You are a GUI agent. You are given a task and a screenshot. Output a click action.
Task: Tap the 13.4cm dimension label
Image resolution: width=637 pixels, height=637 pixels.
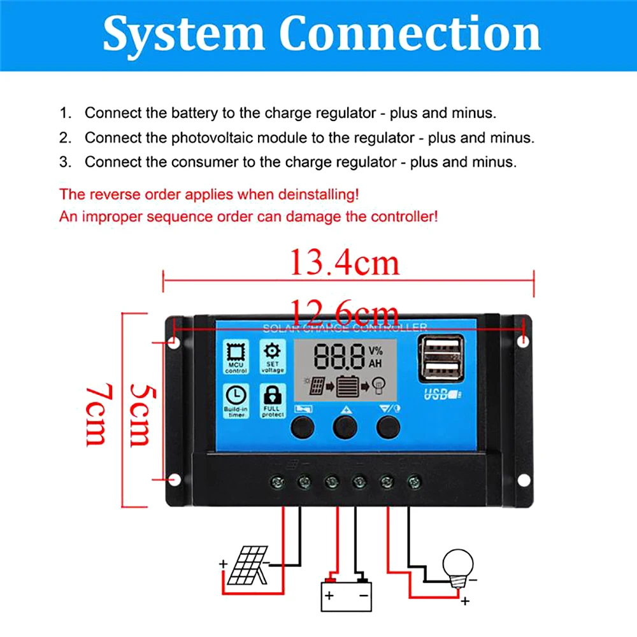345,262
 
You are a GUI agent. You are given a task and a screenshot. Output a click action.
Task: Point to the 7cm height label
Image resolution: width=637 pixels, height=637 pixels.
96,414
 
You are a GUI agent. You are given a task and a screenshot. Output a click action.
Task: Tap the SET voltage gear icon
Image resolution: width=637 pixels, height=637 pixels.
272,351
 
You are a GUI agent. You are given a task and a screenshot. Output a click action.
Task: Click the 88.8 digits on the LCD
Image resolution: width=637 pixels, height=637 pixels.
339,357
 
